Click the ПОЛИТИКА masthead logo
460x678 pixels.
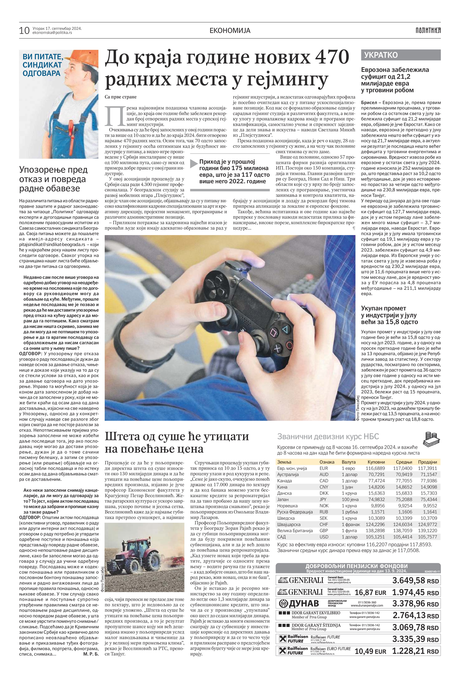[x=428, y=30]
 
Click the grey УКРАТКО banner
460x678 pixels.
[x=401, y=55]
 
